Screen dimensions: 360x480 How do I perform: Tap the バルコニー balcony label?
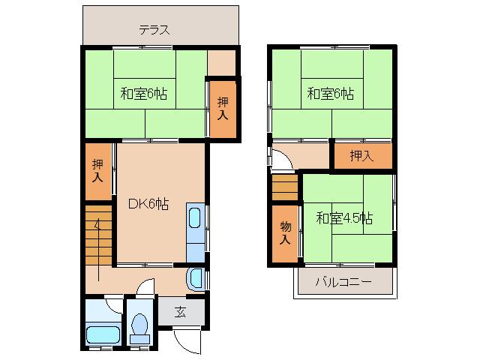click(x=343, y=282)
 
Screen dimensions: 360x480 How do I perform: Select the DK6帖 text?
click(x=148, y=204)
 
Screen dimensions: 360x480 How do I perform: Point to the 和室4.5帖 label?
click(x=343, y=218)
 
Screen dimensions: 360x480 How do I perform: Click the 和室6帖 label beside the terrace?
click(x=143, y=94)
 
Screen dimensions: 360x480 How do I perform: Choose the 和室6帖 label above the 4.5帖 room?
click(x=330, y=94)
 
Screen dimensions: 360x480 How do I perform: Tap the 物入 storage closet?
click(x=285, y=233)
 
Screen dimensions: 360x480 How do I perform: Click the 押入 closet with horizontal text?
click(x=362, y=155)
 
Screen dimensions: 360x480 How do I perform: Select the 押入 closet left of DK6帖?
click(x=98, y=172)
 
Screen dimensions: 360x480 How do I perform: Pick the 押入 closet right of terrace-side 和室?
click(x=223, y=109)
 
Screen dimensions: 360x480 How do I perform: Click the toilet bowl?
click(x=139, y=326)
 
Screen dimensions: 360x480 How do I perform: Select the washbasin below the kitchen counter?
click(x=196, y=279)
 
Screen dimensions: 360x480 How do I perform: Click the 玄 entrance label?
click(x=181, y=311)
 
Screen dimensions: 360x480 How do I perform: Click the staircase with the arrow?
click(x=98, y=235)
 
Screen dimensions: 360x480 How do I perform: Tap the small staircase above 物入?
click(x=285, y=187)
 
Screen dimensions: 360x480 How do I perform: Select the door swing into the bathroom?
click(x=112, y=304)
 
